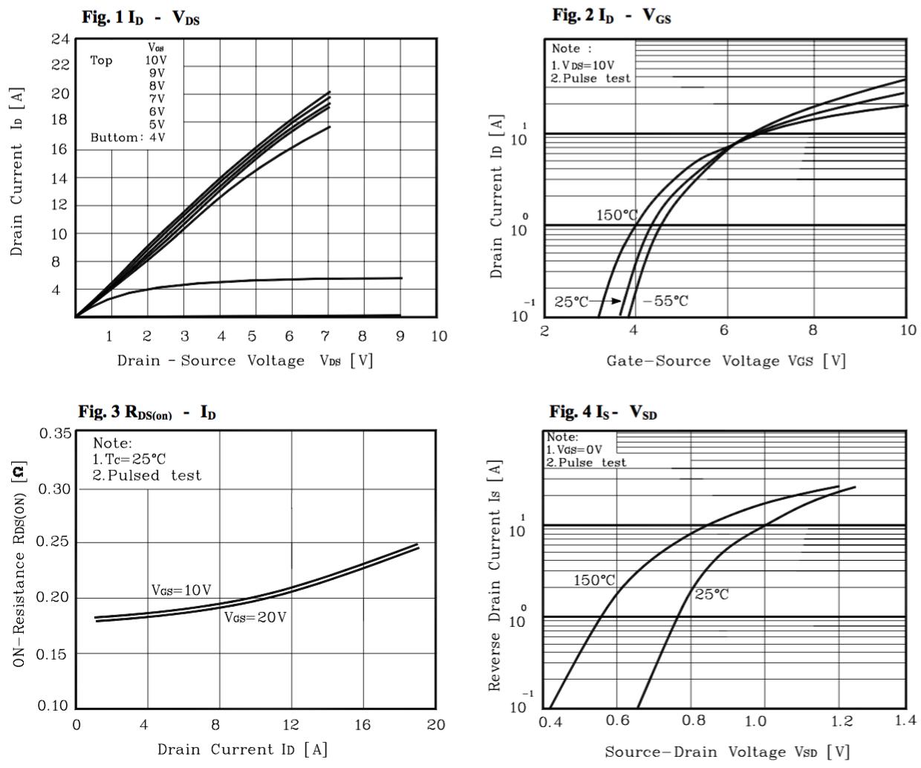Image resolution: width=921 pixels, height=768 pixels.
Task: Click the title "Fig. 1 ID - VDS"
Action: (x=140, y=19)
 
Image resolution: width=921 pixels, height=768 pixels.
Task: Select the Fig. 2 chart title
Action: (x=611, y=16)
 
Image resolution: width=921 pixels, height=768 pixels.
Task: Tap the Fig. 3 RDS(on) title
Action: (x=147, y=412)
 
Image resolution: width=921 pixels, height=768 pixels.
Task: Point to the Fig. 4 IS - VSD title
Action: (x=603, y=411)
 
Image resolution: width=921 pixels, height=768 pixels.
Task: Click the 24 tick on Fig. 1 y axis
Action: (x=61, y=39)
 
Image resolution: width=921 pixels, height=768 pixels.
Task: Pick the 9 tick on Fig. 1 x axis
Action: (x=400, y=336)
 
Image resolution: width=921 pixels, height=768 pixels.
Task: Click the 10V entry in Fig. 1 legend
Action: (x=156, y=60)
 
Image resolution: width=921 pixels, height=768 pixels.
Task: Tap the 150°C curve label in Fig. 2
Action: (x=617, y=215)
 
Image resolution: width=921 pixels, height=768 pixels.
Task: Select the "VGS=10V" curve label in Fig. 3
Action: (x=181, y=590)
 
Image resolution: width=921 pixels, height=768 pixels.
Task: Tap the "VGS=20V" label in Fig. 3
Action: (x=255, y=617)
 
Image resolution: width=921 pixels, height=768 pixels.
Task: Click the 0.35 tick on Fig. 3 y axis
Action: (x=57, y=433)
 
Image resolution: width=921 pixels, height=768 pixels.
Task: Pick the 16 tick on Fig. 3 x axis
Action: (x=363, y=725)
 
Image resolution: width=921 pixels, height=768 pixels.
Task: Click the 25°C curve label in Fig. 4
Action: (x=712, y=594)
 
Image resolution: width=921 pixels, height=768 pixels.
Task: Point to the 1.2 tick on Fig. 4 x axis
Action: (x=842, y=721)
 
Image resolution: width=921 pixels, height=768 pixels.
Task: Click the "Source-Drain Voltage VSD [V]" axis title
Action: (x=726, y=752)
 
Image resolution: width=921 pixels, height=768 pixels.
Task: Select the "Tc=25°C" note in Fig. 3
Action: (x=129, y=459)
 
